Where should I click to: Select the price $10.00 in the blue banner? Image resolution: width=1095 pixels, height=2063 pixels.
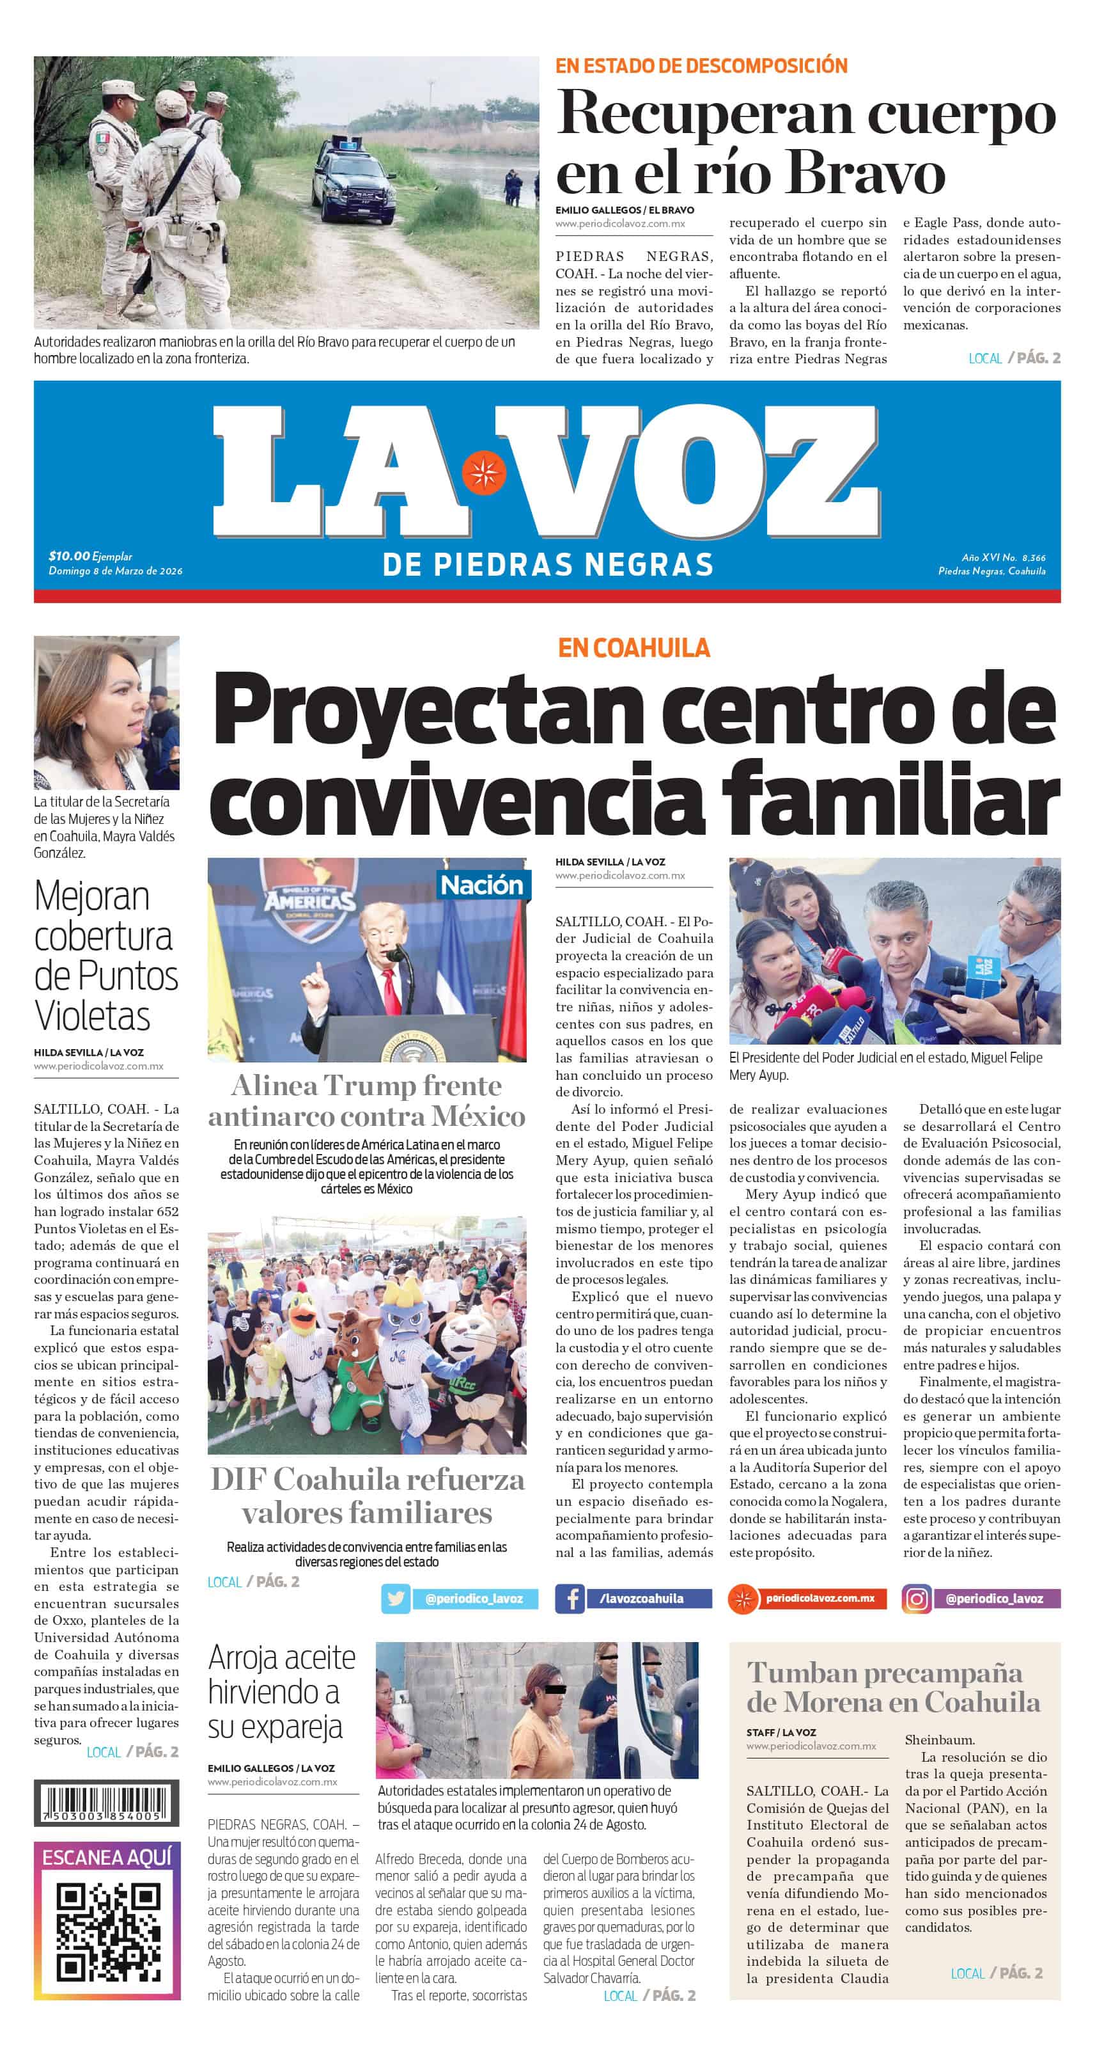point(69,556)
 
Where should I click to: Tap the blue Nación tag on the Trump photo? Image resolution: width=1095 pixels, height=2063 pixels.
point(481,885)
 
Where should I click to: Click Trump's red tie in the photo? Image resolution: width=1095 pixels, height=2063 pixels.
point(391,992)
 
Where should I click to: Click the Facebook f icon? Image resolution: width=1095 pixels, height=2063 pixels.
point(570,1599)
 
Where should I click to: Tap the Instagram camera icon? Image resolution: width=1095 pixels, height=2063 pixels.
point(916,1599)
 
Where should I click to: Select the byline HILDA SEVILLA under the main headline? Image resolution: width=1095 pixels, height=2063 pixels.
point(589,862)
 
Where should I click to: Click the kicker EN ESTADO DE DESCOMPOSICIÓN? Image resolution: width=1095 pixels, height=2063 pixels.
point(701,66)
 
